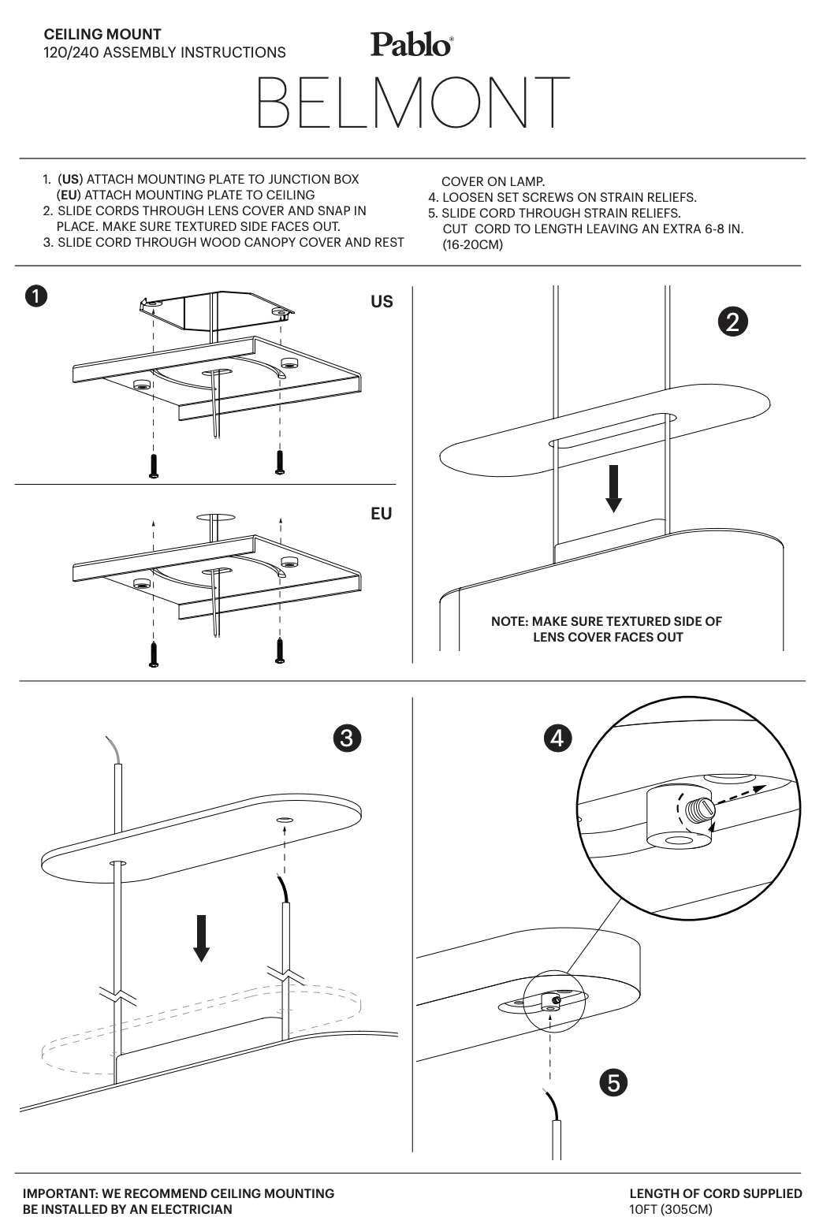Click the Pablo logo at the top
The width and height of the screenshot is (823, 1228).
pyautogui.click(x=411, y=44)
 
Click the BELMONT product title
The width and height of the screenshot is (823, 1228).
pyautogui.click(x=413, y=102)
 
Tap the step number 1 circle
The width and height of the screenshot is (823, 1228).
pyautogui.click(x=36, y=296)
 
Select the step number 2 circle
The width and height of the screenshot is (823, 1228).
pyautogui.click(x=732, y=322)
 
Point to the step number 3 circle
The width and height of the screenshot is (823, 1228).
pyautogui.click(x=347, y=738)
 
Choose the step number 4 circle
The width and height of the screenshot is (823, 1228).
pyautogui.click(x=557, y=738)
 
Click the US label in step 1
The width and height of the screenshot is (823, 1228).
pyautogui.click(x=382, y=302)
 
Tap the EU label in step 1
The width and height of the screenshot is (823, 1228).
pyautogui.click(x=381, y=514)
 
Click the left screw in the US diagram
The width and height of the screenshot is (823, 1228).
pyautogui.click(x=154, y=466)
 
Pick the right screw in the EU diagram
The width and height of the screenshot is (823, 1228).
pyautogui.click(x=280, y=650)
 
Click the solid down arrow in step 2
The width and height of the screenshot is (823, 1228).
pyautogui.click(x=613, y=489)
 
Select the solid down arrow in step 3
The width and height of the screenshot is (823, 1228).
pyautogui.click(x=201, y=939)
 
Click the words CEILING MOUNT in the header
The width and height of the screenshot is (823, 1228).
pyautogui.click(x=102, y=35)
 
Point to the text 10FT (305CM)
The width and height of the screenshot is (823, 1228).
pyautogui.click(x=671, y=1209)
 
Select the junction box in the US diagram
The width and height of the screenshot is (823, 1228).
pyautogui.click(x=217, y=310)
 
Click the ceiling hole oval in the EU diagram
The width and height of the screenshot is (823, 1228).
pyautogui.click(x=216, y=517)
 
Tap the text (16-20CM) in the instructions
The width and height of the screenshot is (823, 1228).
pyautogui.click(x=473, y=245)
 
